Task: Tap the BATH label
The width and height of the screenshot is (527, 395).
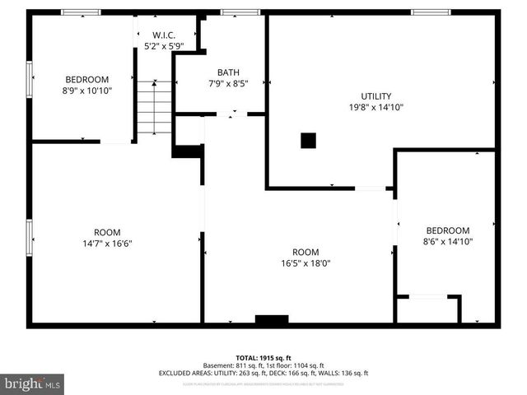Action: [x=228, y=72]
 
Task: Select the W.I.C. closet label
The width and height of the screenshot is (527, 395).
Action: [x=164, y=35]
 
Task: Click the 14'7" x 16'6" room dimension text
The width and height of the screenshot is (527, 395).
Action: [x=107, y=244]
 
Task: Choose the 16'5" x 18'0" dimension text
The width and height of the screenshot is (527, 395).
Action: [x=305, y=263]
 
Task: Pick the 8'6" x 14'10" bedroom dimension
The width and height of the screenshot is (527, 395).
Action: [x=448, y=242]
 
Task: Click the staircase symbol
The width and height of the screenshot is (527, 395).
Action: [x=154, y=107]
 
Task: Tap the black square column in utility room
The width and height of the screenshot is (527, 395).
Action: [x=308, y=141]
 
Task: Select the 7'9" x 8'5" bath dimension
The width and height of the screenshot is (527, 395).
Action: [x=228, y=83]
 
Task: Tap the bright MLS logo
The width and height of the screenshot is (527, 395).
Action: [x=33, y=384]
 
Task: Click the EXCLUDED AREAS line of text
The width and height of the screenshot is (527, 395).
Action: [x=263, y=373]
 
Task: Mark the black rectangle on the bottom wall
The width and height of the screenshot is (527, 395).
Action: [x=272, y=319]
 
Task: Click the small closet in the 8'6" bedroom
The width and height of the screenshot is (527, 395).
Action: [x=427, y=309]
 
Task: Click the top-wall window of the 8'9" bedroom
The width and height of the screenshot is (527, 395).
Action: [x=82, y=12]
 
